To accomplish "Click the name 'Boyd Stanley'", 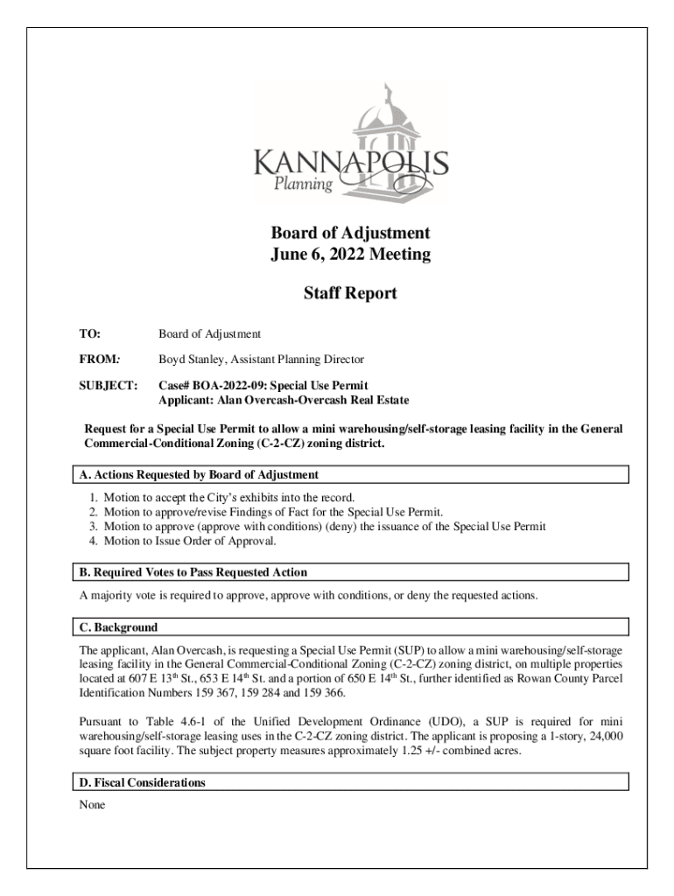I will click(x=191, y=360).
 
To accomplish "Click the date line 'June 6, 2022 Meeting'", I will click(x=350, y=255).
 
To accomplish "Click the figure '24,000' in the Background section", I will click(x=604, y=738).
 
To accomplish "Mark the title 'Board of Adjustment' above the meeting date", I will click(x=350, y=233).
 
